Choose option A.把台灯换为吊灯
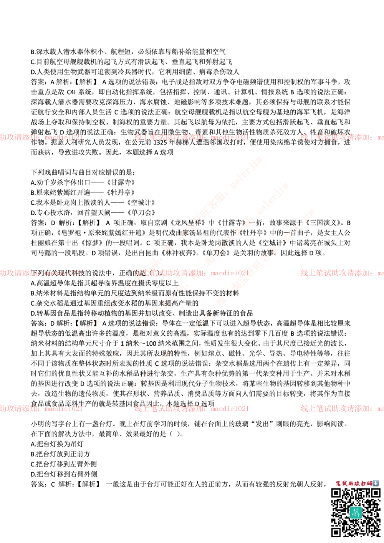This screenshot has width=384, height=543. click(57, 444)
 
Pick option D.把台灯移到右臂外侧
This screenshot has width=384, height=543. click(64, 474)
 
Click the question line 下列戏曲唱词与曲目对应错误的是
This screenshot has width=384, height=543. click(83, 172)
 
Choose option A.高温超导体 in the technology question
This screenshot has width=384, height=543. click(105, 283)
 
